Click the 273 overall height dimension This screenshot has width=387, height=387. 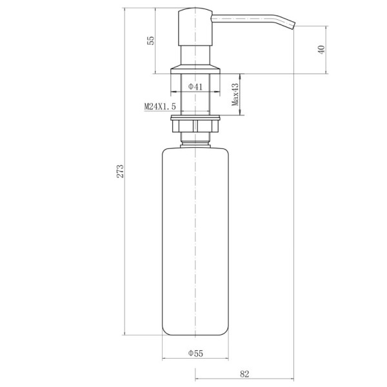pos(120,172)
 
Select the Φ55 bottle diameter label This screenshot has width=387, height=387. pos(195,353)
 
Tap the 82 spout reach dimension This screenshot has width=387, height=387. pos(244,374)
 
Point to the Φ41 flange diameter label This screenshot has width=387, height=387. pos(195,86)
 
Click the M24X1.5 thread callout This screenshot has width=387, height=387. pos(160,106)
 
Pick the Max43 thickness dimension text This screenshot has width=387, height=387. pos(235,94)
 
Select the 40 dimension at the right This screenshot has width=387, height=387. pos(321,50)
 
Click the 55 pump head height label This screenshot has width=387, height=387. pos(150,41)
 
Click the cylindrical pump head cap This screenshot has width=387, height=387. pos(195,27)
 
